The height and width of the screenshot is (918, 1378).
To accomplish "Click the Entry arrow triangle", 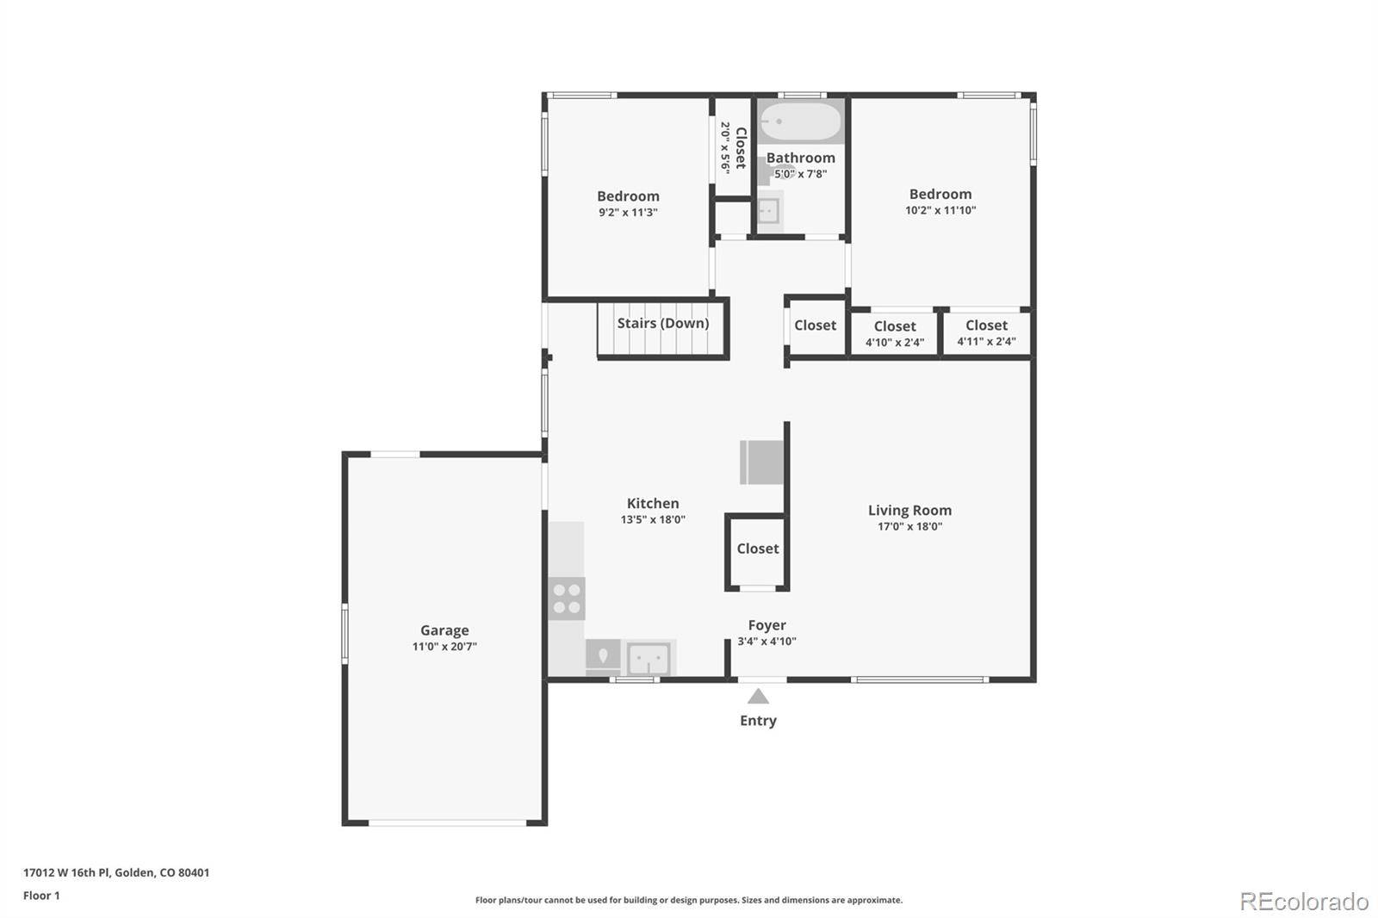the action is [x=758, y=697].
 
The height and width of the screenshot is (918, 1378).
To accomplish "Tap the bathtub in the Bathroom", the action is [x=800, y=121].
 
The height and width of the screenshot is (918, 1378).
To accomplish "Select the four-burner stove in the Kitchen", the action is [x=567, y=599].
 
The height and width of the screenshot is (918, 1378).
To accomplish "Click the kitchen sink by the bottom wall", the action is [x=649, y=659].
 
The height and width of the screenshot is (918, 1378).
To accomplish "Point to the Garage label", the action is [x=444, y=630].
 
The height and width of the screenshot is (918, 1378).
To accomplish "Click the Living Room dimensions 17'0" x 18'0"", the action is [x=909, y=526].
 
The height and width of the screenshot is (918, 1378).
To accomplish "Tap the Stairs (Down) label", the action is [x=663, y=323].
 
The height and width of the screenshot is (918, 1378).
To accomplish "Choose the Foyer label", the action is [x=767, y=625].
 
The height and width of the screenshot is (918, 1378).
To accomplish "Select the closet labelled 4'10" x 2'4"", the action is [x=895, y=333].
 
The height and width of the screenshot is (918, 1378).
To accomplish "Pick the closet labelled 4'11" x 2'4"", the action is [x=987, y=333].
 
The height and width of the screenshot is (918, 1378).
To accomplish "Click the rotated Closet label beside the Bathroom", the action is [x=741, y=147].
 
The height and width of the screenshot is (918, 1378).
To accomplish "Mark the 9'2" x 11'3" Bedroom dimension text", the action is [x=628, y=212].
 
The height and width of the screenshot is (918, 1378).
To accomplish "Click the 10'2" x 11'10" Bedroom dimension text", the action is [x=940, y=210].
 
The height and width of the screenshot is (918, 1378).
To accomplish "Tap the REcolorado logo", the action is [x=1304, y=902].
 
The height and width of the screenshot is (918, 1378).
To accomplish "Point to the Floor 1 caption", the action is [x=41, y=896].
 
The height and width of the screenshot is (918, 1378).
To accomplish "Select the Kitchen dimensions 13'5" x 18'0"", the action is [x=653, y=519].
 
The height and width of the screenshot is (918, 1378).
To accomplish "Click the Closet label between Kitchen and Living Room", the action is [x=758, y=549].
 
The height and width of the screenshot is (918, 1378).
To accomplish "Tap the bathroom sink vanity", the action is [x=769, y=212].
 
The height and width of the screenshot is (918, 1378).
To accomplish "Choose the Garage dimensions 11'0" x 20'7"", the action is [x=444, y=646].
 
